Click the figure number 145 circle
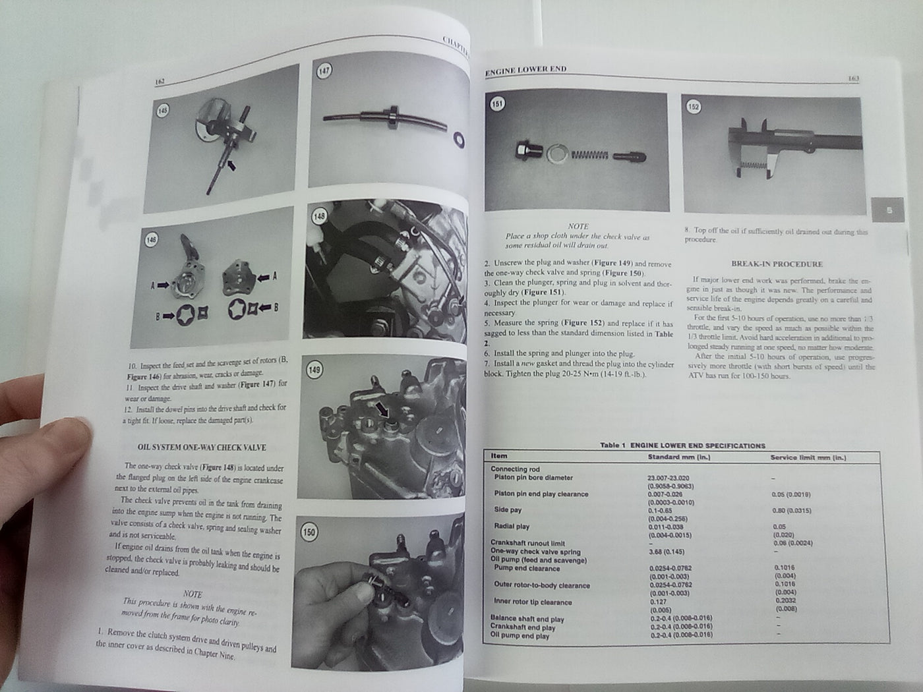pyautogui.click(x=163, y=111)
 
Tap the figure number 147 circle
pyautogui.click(x=324, y=71)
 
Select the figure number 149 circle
pyautogui.click(x=314, y=370)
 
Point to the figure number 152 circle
pyautogui.click(x=693, y=107)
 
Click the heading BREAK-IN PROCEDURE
pyautogui.click(x=777, y=264)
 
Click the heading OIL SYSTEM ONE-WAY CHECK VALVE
pyautogui.click(x=201, y=447)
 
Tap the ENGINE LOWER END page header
pyautogui.click(x=525, y=69)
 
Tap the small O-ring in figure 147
pyautogui.click(x=458, y=139)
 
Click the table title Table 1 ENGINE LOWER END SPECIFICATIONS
pyautogui.click(x=682, y=446)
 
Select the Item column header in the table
pyautogui.click(x=499, y=456)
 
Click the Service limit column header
pyautogui.click(x=808, y=457)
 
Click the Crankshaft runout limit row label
pyautogui.click(x=529, y=543)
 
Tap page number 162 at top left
pyautogui.click(x=159, y=82)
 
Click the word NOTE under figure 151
pyautogui.click(x=578, y=226)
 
